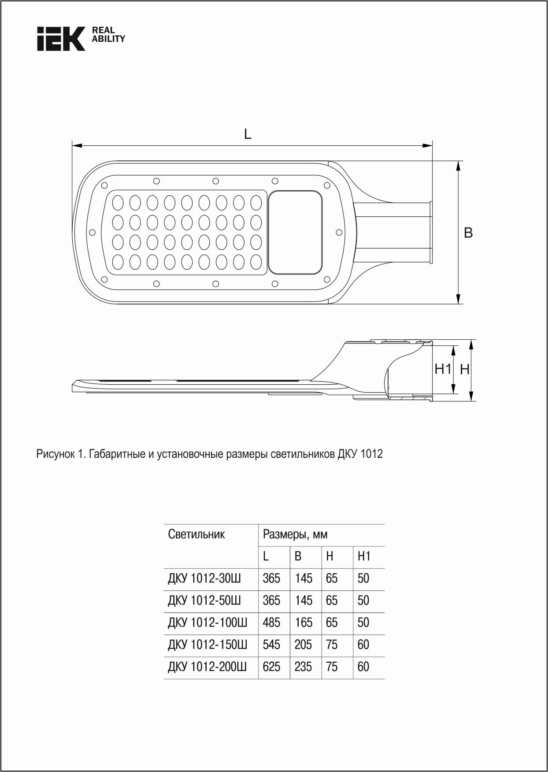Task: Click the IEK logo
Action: click(61, 39)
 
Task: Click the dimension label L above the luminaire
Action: click(248, 134)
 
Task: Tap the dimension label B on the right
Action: click(468, 233)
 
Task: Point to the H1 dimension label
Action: click(443, 369)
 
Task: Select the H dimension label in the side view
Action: click(465, 370)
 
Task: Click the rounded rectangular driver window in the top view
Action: click(296, 232)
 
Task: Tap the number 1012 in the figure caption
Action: click(372, 454)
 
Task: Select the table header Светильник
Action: click(196, 534)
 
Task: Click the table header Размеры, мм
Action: click(295, 535)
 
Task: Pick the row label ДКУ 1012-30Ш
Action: click(204, 579)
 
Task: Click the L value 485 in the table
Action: click(271, 623)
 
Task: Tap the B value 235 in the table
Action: click(304, 667)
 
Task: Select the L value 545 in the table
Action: click(271, 645)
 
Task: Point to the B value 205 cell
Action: click(304, 645)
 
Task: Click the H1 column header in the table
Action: click(364, 557)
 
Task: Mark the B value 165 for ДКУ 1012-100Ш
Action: click(304, 623)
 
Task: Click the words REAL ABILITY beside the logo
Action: click(108, 34)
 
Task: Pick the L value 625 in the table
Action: click(271, 667)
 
